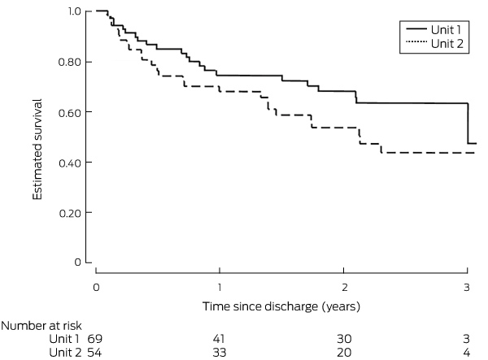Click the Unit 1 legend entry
click(434, 29)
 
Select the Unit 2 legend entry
click(435, 44)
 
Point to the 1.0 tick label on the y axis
click(73, 11)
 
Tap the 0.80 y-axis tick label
click(70, 62)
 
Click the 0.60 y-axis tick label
click(70, 112)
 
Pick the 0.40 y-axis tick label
click(70, 163)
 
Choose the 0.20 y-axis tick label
click(70, 213)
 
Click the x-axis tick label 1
click(220, 287)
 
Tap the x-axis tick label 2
click(344, 287)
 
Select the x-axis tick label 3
click(466, 287)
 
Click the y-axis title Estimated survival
click(37, 150)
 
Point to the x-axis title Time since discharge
click(260, 306)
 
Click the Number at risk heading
click(41, 326)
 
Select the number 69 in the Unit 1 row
click(94, 339)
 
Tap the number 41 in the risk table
click(219, 339)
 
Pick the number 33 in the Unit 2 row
click(219, 353)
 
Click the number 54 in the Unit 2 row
click(94, 353)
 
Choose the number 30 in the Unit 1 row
click(344, 339)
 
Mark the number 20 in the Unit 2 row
click(344, 353)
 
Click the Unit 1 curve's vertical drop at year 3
click(468, 124)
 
